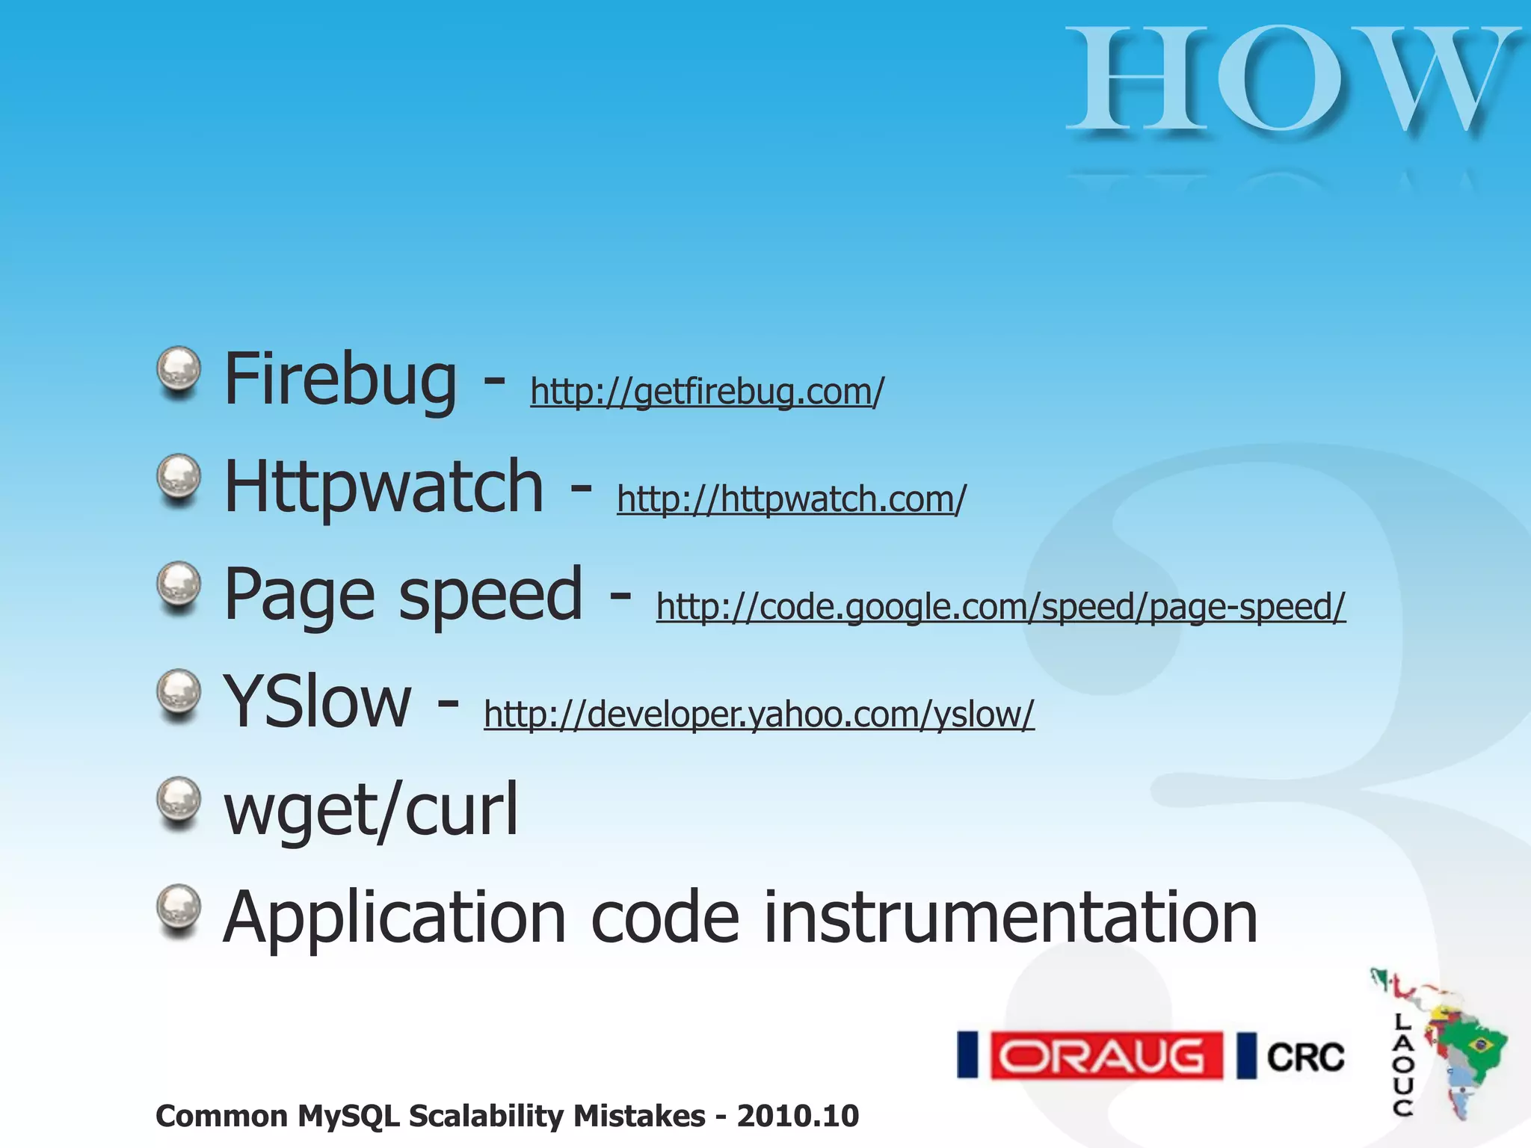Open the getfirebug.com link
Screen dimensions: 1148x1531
coord(706,391)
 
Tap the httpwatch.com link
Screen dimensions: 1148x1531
coord(791,499)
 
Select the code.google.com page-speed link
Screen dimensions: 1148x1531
coord(1000,606)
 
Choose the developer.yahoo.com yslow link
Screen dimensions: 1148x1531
coord(759,714)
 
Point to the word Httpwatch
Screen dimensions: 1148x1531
coord(383,487)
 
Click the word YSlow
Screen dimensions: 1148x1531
coord(317,701)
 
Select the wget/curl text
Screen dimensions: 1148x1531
coord(371,810)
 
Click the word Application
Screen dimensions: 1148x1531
coord(395,919)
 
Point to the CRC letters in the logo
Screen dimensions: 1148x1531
coord(1305,1057)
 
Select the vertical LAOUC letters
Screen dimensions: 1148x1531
coord(1403,1064)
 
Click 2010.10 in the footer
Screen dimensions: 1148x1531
coord(798,1116)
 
